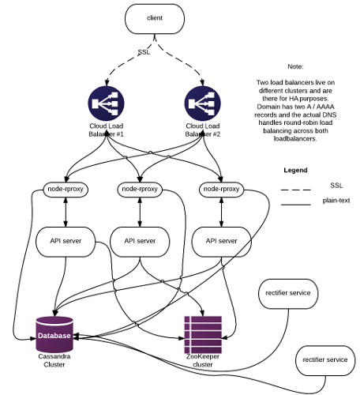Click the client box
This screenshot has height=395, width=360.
tap(155, 19)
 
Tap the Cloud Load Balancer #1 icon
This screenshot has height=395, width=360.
tap(106, 103)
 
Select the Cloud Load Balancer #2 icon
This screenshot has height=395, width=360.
tap(203, 103)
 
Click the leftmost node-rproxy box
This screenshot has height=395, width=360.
tap(66, 189)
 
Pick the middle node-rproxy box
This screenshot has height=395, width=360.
tap(140, 189)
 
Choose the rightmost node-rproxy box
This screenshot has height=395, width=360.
tap(221, 189)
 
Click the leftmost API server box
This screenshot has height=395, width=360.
tap(66, 242)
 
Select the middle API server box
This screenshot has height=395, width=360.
tap(140, 242)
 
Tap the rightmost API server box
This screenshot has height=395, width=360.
tap(221, 242)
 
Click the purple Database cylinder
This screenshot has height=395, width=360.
tap(54, 334)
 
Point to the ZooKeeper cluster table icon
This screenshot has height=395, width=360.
tap(203, 335)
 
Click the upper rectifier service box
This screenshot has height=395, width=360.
tap(288, 294)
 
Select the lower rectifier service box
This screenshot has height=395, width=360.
tap(325, 360)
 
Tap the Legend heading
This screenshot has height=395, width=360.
tap(295, 170)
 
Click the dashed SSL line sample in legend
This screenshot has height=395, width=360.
tap(296, 190)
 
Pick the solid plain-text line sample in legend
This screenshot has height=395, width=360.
tap(296, 205)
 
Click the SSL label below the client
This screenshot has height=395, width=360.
tap(144, 52)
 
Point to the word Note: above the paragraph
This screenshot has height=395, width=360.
tap(295, 66)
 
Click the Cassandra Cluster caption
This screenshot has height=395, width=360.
tap(54, 360)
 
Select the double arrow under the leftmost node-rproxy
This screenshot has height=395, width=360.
tap(66, 212)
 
